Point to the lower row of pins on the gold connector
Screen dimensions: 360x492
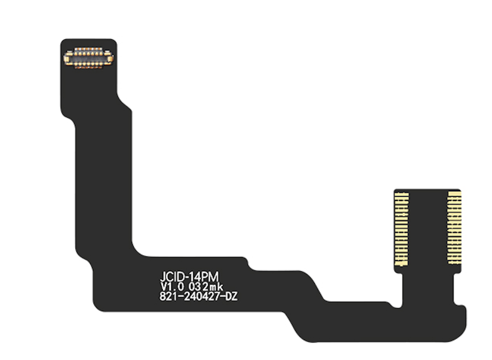(x=88, y=63)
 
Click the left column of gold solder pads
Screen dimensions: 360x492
(x=402, y=228)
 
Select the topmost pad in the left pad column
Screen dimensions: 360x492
(x=402, y=193)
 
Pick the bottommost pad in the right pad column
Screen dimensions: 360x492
(x=454, y=262)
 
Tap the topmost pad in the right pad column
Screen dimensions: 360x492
(x=454, y=193)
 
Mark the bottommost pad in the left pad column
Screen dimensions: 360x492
(x=402, y=264)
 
